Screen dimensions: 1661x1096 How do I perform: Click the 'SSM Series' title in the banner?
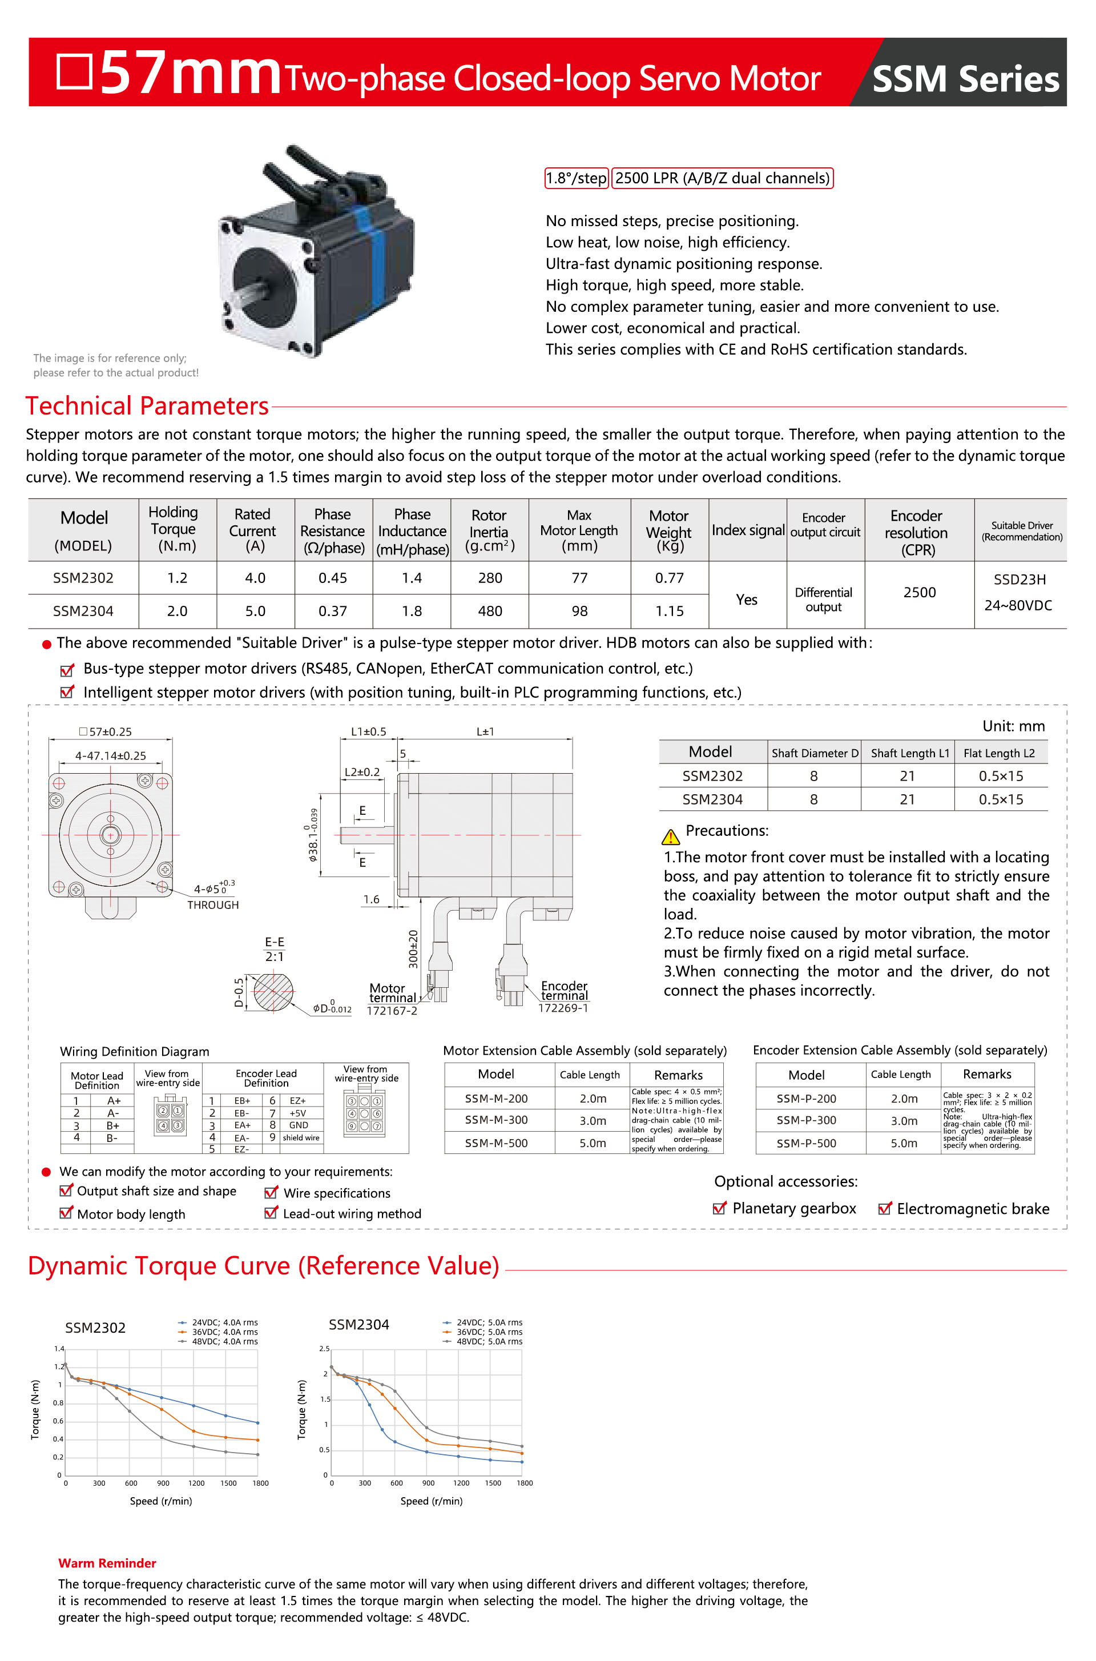click(965, 79)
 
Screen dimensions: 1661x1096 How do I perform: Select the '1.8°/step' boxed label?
click(576, 178)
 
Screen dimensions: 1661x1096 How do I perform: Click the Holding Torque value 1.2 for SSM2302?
click(177, 578)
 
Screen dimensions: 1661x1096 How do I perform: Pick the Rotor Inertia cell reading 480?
click(489, 611)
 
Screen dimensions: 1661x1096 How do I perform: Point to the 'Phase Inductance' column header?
click(412, 531)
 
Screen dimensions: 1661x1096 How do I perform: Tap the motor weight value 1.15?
click(669, 611)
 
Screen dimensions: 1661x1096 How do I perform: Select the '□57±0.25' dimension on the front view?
click(106, 732)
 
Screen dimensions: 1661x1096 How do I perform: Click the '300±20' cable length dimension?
click(413, 948)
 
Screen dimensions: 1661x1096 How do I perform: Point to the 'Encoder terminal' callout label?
click(564, 990)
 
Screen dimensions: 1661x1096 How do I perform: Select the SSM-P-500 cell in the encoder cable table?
click(806, 1143)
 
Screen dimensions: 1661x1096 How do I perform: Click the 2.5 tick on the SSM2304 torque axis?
click(324, 1349)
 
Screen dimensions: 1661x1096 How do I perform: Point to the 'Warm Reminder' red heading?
click(107, 1563)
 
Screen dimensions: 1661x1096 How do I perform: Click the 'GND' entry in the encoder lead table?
click(299, 1125)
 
